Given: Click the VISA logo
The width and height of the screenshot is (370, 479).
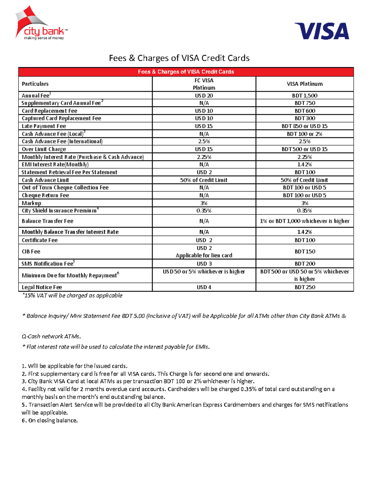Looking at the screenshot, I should [x=322, y=31].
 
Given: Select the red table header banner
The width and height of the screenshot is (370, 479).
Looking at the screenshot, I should [x=186, y=72].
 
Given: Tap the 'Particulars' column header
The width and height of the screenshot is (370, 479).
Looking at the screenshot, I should [x=35, y=84].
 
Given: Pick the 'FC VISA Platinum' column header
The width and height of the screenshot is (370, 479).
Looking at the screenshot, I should [x=204, y=84].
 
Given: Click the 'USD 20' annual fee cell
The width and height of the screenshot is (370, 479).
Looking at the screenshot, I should [x=204, y=96].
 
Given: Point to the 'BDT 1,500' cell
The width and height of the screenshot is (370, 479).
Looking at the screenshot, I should [x=305, y=96].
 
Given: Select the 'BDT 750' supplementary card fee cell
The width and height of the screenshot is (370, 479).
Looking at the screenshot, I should [x=305, y=103].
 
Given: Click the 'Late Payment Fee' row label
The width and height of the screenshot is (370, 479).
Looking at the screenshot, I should [x=44, y=126].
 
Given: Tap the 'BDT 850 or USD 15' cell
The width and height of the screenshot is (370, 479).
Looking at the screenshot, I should [x=305, y=126].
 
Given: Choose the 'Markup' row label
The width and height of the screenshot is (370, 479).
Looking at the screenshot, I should [x=31, y=203].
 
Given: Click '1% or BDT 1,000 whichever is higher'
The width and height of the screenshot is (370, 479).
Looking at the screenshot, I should [x=305, y=221].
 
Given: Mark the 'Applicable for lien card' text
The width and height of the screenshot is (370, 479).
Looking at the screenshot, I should [x=204, y=255].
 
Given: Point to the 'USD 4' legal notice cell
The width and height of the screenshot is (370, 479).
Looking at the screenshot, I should [x=204, y=287].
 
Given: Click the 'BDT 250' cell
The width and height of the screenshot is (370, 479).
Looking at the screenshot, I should [x=305, y=287].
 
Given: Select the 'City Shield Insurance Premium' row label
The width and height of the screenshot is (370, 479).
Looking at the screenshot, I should [x=59, y=211].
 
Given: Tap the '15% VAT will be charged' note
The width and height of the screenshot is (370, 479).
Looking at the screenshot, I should [x=72, y=295].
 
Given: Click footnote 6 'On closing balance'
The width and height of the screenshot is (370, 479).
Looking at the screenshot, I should [x=50, y=420].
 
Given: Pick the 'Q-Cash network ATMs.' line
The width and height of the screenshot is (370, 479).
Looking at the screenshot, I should [x=51, y=336].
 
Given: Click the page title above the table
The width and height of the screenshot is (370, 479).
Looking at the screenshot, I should [x=179, y=58].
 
